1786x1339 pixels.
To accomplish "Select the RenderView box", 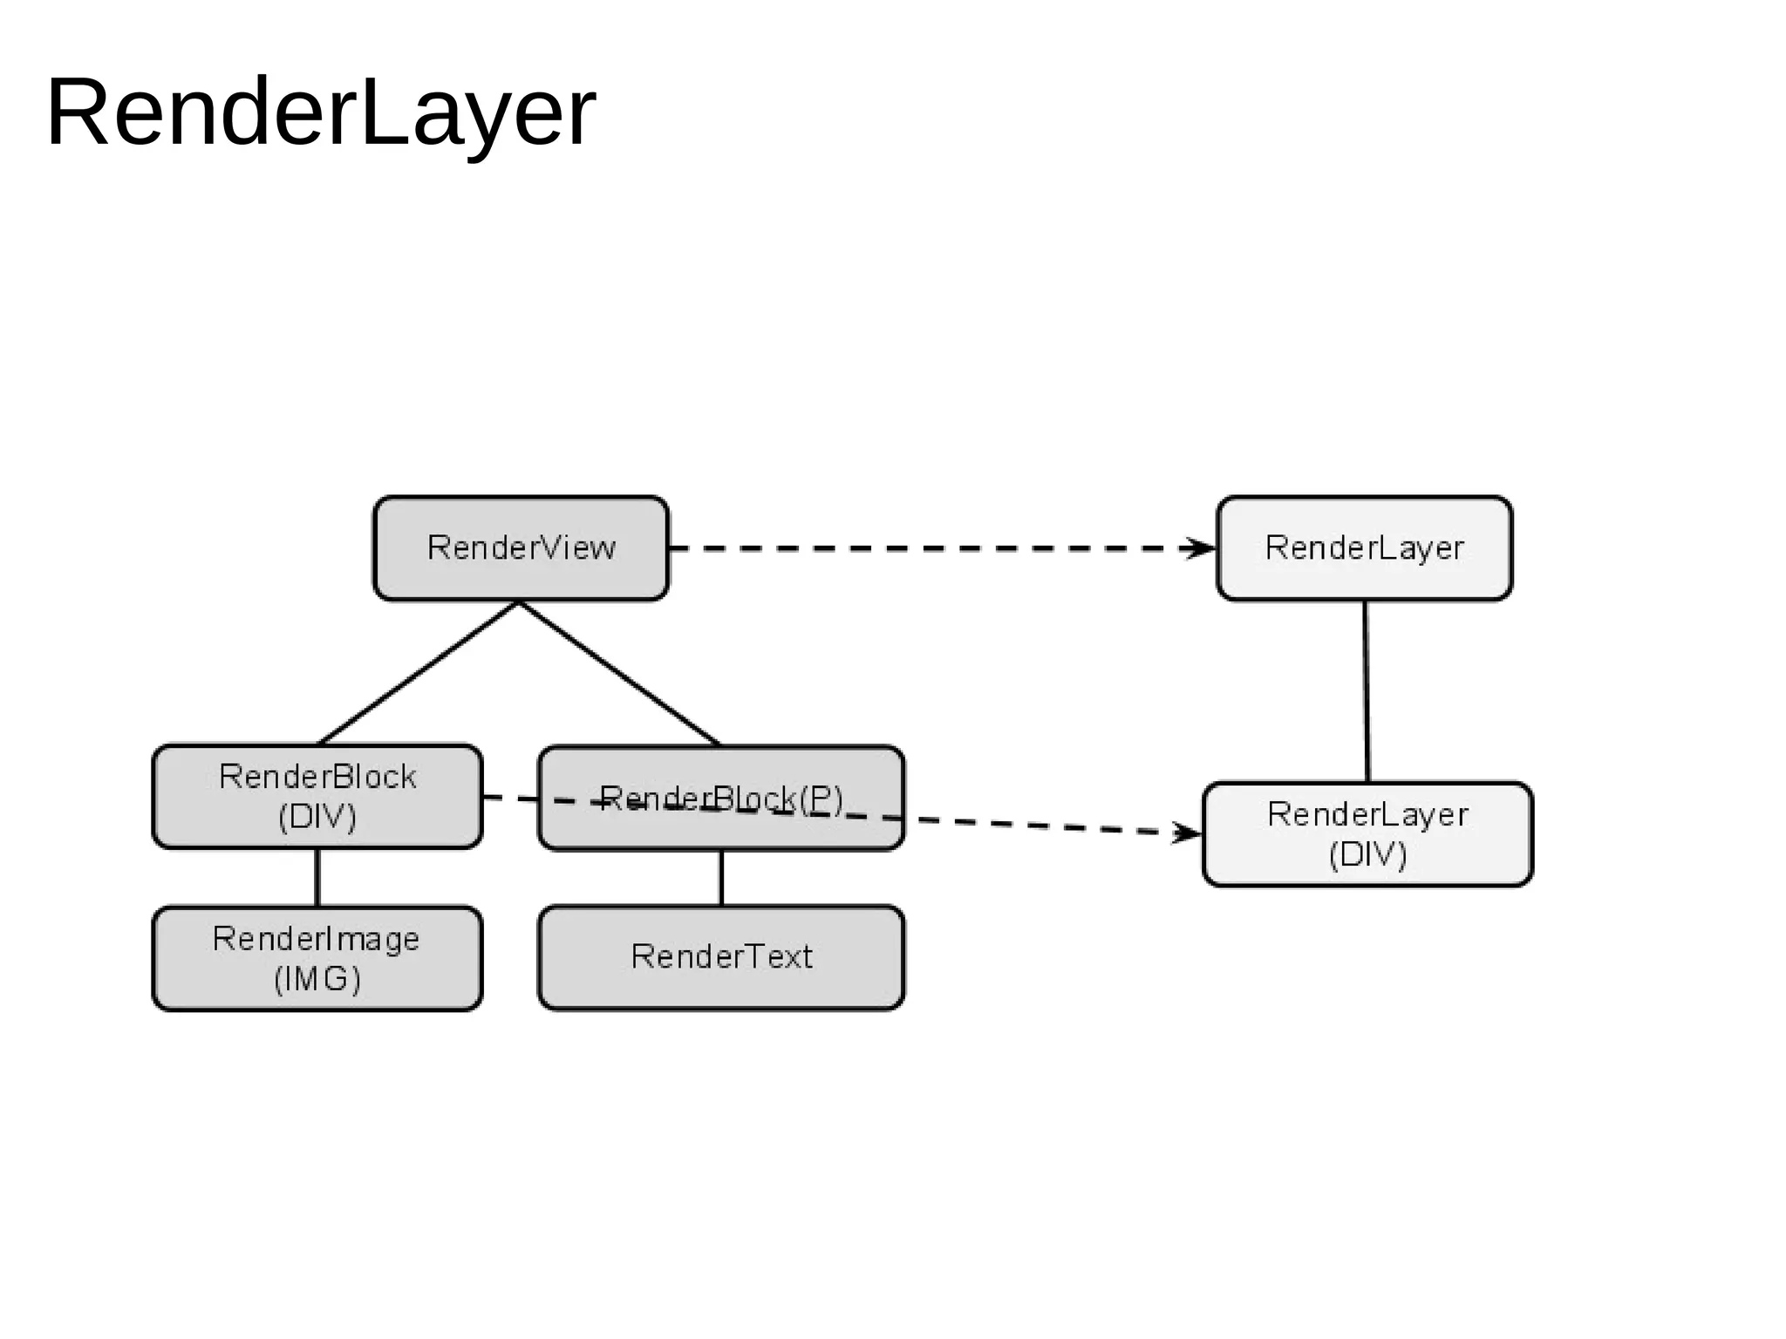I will click(x=521, y=548).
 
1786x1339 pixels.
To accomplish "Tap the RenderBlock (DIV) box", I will click(x=317, y=796).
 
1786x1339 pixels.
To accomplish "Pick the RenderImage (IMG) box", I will click(x=317, y=958).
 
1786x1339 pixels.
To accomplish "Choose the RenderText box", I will click(x=720, y=957).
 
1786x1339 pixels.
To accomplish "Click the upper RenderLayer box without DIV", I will click(x=1364, y=548).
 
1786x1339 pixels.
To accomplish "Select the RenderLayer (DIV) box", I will click(x=1367, y=834).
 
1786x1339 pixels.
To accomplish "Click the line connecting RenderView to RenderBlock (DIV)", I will click(x=419, y=672).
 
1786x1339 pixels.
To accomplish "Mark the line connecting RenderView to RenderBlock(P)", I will click(x=619, y=673).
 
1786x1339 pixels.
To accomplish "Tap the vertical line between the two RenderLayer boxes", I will click(x=1366, y=690).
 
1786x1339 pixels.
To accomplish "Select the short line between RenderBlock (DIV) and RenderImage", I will click(x=317, y=877).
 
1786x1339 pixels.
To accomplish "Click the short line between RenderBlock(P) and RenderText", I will click(x=721, y=878).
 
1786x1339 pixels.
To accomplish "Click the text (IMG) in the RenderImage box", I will click(x=317, y=979).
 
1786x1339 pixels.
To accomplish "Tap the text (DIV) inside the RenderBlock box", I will click(x=317, y=817).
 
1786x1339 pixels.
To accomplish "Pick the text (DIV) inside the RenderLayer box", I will click(x=1367, y=854).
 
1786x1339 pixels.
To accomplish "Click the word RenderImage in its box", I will click(x=316, y=939).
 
